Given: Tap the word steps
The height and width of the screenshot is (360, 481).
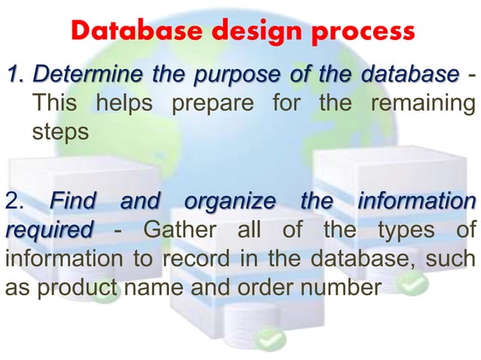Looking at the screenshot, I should pos(60,131).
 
